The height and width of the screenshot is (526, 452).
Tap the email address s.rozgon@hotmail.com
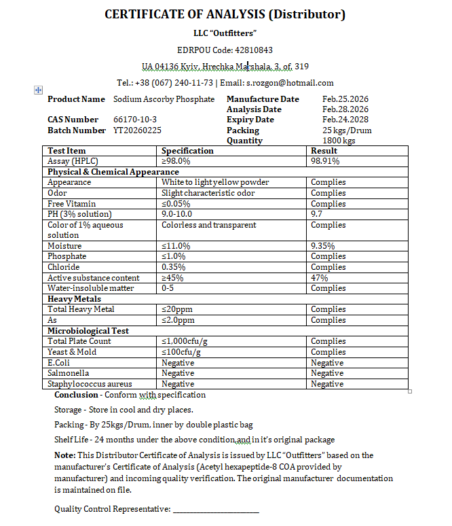290,83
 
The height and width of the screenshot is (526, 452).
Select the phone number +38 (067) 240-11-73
174,83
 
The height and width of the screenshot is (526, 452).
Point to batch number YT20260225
137,130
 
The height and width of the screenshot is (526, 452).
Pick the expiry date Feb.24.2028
345,120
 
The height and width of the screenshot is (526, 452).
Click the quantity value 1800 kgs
339,141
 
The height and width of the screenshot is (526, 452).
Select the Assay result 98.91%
325,161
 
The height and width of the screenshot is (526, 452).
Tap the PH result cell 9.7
317,214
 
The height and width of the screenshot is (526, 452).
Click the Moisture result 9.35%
324,246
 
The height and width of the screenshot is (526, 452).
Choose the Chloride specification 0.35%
174,267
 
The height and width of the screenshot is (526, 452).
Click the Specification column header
187,151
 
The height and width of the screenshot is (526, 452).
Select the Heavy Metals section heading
74,299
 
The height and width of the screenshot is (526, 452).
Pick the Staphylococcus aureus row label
90,384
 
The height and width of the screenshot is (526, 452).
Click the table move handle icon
38,90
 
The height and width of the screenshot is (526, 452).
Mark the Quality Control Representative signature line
216,509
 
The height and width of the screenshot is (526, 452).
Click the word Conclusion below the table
76,395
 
